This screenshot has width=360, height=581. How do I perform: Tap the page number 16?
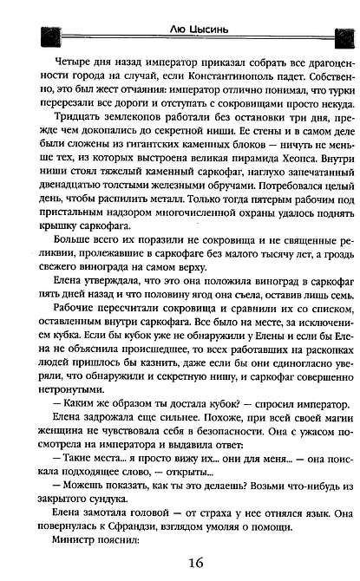(182, 563)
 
